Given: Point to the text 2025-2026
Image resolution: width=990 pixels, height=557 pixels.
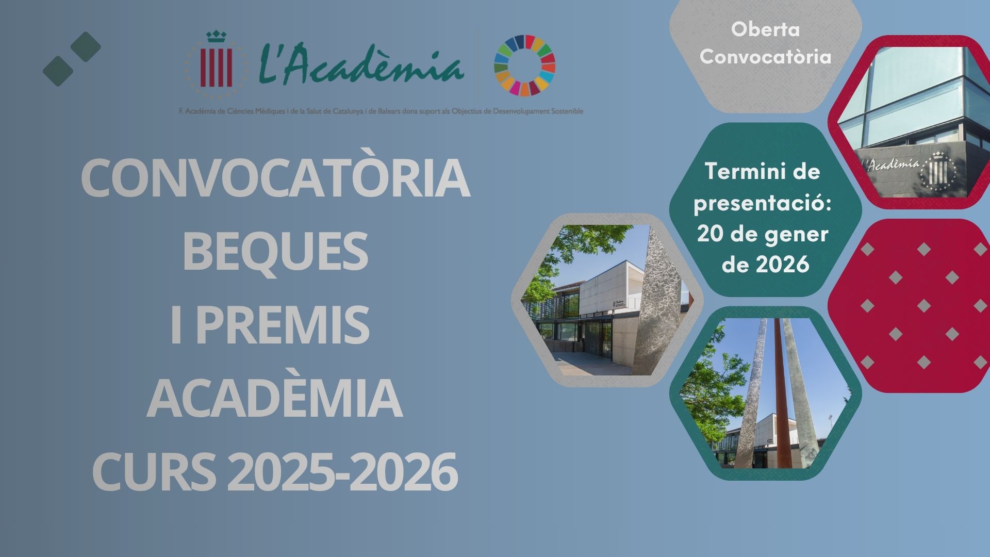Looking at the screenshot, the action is click(342, 472).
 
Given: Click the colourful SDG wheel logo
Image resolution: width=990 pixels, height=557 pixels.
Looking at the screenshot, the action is click(524, 65).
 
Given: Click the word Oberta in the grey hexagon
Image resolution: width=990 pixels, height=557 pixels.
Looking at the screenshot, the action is click(765, 29).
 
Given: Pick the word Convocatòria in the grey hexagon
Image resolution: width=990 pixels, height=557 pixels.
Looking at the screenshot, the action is click(765, 56).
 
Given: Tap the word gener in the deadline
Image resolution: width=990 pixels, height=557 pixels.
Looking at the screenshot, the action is click(800, 234).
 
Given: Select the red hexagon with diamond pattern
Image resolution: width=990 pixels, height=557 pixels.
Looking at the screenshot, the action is click(909, 305).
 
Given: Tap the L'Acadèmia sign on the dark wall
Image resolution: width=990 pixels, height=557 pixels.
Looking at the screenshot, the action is click(891, 165).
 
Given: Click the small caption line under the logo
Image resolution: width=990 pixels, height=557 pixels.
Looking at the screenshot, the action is click(381, 111).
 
